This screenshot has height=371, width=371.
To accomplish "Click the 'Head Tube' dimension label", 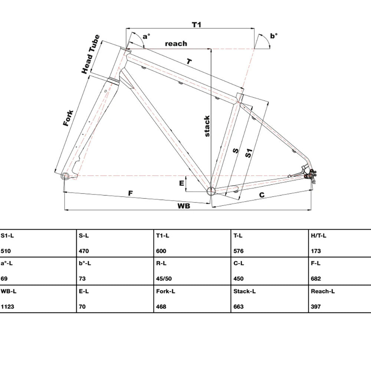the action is click(x=91, y=54).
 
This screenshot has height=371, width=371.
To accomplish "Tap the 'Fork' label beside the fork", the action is click(x=68, y=118).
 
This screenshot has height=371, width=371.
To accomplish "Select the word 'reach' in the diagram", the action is click(x=176, y=43).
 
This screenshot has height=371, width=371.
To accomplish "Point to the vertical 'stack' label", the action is click(x=207, y=126).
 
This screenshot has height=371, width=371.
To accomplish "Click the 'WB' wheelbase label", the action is click(x=184, y=206).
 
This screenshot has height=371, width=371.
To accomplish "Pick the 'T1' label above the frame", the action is click(x=196, y=24).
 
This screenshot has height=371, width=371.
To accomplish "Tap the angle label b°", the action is click(x=274, y=36).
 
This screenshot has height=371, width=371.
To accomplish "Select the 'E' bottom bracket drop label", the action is click(x=181, y=183).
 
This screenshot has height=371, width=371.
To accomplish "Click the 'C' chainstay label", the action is click(x=262, y=195).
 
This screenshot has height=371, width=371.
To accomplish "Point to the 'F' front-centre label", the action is click(x=130, y=193).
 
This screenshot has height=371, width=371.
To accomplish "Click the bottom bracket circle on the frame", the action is click(x=211, y=191).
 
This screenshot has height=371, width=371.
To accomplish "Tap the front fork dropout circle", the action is click(x=65, y=175).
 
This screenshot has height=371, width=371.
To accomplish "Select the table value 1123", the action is click(x=7, y=307).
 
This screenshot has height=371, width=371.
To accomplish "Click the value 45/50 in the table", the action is click(x=164, y=279).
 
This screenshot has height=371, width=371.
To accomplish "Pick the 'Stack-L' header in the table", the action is click(x=244, y=291).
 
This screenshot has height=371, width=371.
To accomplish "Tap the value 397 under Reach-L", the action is click(x=316, y=307).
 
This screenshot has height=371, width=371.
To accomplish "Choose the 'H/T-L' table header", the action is click(x=318, y=236).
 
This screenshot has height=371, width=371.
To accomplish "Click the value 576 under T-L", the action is click(x=239, y=251).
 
